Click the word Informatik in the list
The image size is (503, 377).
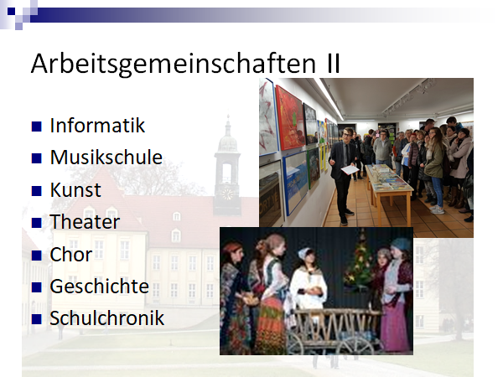click(97, 126)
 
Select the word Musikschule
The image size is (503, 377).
click(106, 158)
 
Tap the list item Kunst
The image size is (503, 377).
click(75, 189)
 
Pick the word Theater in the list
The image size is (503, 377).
click(85, 221)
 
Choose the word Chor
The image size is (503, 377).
click(71, 254)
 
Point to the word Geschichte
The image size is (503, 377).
click(100, 286)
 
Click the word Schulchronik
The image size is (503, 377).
click(106, 318)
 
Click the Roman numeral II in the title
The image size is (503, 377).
click(334, 63)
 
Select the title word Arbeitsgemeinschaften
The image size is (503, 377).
click(174, 65)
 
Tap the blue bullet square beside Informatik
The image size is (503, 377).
click(37, 127)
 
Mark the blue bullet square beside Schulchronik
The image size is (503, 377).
click(37, 319)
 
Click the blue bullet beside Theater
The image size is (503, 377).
click(37, 223)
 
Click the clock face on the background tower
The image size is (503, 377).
click(227, 194)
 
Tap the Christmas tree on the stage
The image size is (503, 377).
click(360, 261)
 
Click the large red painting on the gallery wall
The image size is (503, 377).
click(290, 118)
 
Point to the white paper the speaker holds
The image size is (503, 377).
click(350, 169)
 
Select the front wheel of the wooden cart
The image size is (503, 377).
click(357, 346)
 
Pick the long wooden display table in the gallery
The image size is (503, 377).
click(388, 189)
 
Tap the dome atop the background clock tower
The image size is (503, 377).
click(228, 143)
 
